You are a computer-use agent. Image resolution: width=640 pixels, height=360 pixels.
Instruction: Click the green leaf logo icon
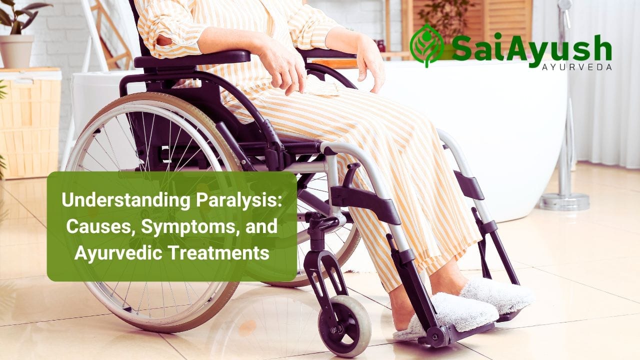[426, 45]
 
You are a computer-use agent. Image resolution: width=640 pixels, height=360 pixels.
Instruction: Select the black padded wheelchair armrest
[192, 58]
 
